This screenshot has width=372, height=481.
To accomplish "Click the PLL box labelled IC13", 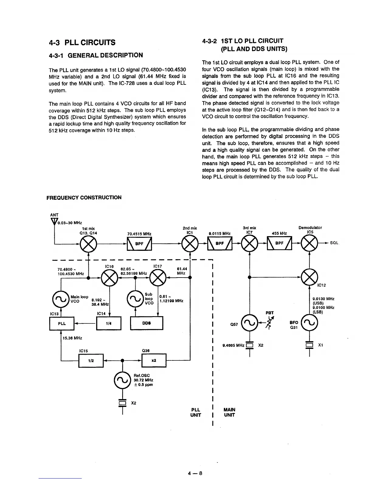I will click(x=62, y=323).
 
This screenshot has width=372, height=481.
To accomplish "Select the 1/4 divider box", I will click(x=108, y=323).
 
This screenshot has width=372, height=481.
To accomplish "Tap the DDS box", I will click(x=146, y=323).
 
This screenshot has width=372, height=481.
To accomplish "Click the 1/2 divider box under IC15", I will click(x=91, y=360).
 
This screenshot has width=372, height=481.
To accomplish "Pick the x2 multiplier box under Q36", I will click(x=154, y=360).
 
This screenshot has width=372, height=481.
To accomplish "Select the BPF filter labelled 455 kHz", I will click(x=279, y=244).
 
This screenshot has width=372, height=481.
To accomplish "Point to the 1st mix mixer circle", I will click(x=88, y=244).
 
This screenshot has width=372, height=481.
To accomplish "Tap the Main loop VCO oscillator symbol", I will click(x=61, y=299).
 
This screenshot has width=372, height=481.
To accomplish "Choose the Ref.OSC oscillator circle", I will click(x=122, y=380).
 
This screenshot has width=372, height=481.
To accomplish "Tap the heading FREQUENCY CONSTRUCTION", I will click(x=84, y=198).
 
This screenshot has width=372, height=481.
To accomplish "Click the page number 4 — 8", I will click(x=195, y=473).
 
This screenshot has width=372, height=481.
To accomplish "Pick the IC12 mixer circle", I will click(x=309, y=278).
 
